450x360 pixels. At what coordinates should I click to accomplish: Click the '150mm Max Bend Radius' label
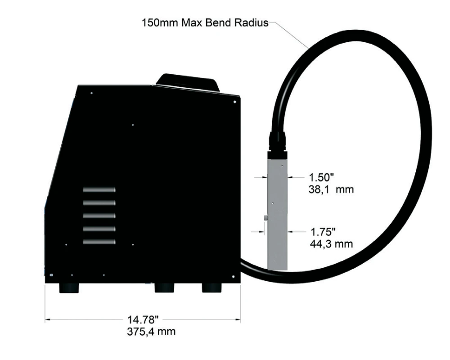pos(205,22)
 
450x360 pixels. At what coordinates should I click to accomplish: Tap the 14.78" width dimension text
pos(143,319)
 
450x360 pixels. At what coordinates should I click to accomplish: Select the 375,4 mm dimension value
pos(151,332)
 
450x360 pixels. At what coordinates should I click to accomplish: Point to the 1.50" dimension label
pos(321,177)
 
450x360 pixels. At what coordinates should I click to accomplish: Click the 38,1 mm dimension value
pos(331,189)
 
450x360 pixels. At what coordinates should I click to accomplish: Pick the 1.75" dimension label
pos(323,231)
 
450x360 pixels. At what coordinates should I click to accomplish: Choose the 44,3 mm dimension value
pos(332,244)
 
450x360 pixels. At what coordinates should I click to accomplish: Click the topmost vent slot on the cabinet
pos(99,190)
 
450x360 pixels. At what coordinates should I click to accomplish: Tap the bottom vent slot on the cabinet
pos(99,242)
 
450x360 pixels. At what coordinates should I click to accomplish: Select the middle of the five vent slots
pos(99,216)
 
